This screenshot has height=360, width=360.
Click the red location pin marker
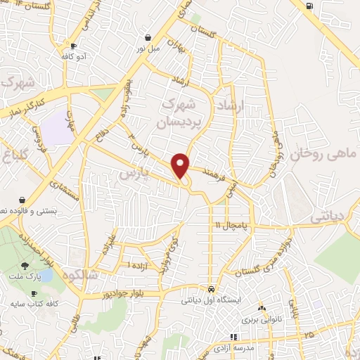pyautogui.click(x=181, y=165)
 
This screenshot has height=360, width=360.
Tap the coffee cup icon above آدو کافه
pyautogui.click(x=73, y=46)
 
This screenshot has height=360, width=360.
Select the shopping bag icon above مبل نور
pyautogui.click(x=148, y=37)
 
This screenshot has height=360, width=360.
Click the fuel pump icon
pyautogui.click(x=309, y=6)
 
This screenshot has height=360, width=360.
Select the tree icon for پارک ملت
pyautogui.click(x=25, y=266)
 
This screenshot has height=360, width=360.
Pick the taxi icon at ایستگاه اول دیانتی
pyautogui.click(x=211, y=289)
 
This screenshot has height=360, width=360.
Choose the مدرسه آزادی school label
pyautogui.click(x=233, y=347)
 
